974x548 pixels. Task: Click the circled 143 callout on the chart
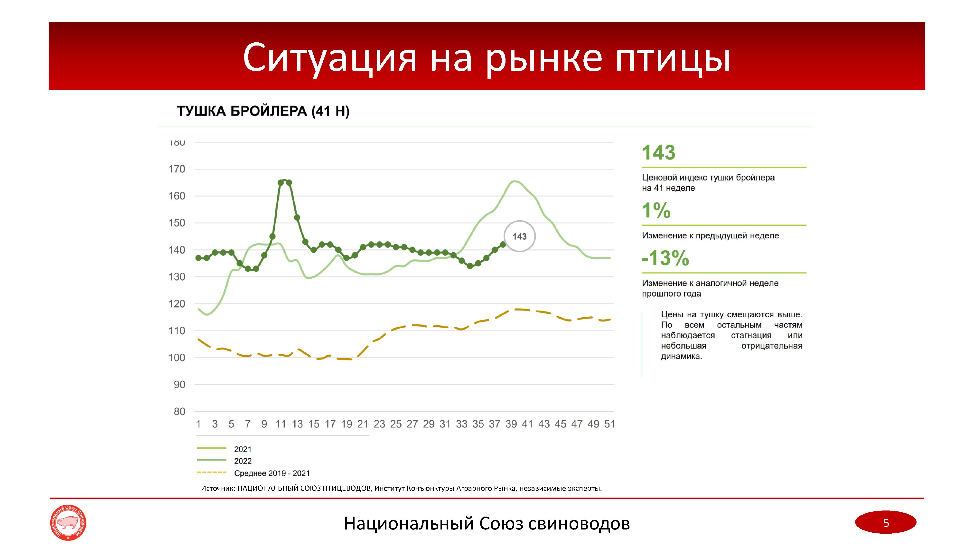(520, 236)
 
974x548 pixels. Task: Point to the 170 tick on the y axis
(177, 169)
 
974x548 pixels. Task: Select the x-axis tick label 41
(527, 424)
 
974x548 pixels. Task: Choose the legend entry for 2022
(242, 461)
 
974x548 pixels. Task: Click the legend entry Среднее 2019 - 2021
(272, 473)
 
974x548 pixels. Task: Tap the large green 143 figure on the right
(658, 153)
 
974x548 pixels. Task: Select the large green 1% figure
(656, 211)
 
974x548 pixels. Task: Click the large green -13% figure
(665, 258)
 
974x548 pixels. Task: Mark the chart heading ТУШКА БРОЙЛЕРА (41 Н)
(263, 111)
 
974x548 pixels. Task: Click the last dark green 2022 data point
(503, 245)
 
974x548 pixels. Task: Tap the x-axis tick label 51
(609, 424)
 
